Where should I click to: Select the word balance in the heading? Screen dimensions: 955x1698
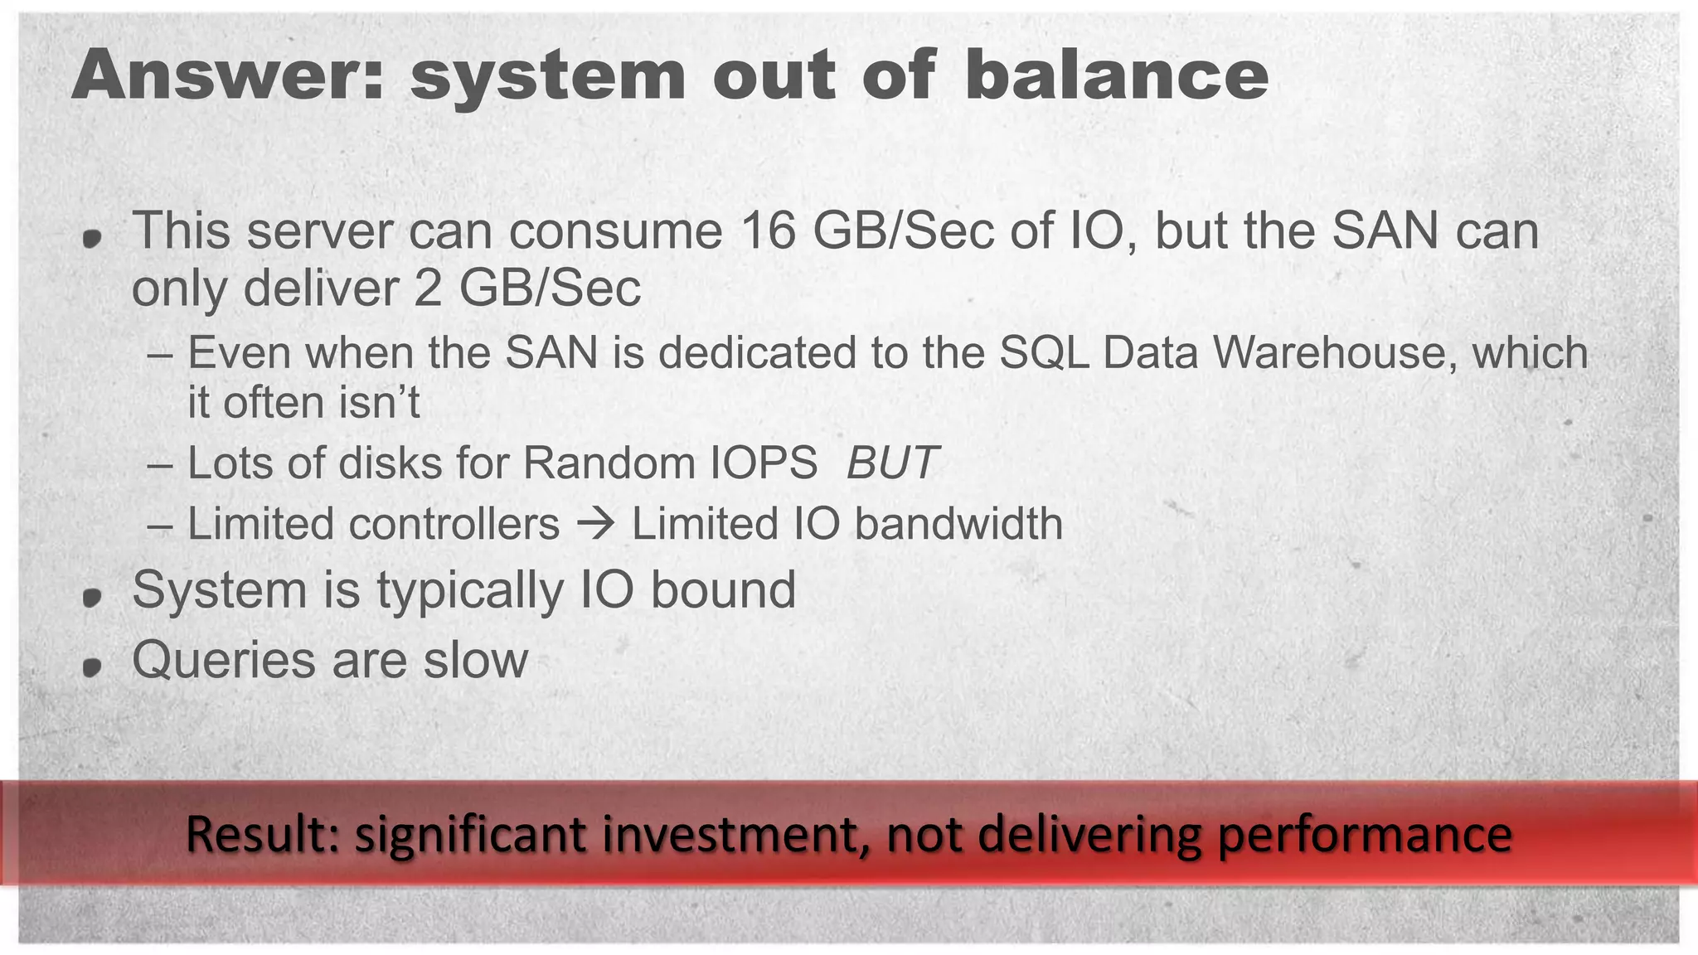pyautogui.click(x=1116, y=76)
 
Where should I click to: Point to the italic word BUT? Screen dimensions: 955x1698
pyautogui.click(x=891, y=463)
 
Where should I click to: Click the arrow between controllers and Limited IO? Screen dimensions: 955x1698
pyautogui.click(x=595, y=524)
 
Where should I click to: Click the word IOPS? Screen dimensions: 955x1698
pyautogui.click(x=764, y=463)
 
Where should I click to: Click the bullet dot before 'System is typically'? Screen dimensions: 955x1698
pyautogui.click(x=92, y=595)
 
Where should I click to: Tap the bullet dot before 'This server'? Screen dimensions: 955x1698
pyautogui.click(x=92, y=239)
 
